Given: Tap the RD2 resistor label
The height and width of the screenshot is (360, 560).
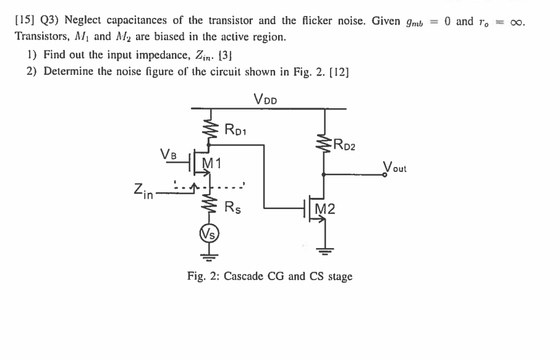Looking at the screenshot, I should (x=344, y=147).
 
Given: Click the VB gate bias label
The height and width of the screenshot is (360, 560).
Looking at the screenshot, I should (x=168, y=153).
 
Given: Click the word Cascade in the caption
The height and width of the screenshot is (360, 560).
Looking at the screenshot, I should (x=244, y=276).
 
